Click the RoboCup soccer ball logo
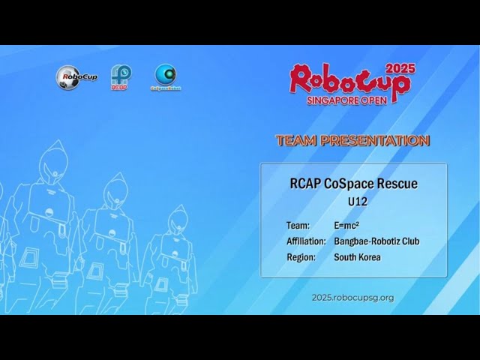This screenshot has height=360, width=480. click(x=73, y=76)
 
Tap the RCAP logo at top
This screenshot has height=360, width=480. click(x=121, y=76)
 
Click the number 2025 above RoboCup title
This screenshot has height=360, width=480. click(x=400, y=68)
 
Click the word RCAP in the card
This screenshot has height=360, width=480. click(x=305, y=184)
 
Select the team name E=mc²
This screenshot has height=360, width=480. click(x=346, y=225)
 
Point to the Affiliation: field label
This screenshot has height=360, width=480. click(x=306, y=241)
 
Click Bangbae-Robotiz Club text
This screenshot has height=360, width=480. click(x=376, y=241)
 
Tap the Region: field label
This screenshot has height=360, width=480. click(x=301, y=257)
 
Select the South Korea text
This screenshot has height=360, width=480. click(x=357, y=257)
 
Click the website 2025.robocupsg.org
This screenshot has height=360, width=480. click(x=352, y=298)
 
